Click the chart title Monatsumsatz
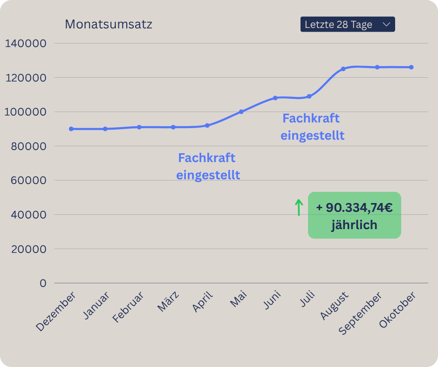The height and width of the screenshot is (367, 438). [108, 24]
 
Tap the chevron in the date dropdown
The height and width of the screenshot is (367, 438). [386, 24]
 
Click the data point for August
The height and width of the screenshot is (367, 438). [343, 69]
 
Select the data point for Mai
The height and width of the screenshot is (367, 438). [241, 112]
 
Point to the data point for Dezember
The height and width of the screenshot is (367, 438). [71, 129]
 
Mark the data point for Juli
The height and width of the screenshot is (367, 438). [309, 96]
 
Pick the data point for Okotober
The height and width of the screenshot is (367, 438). [411, 67]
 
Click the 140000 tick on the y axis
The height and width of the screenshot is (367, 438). [26, 43]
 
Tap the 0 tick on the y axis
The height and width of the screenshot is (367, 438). [43, 283]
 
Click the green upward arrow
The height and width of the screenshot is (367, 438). [299, 208]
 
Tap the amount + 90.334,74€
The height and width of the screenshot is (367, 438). [354, 208]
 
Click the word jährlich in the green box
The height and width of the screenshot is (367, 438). [354, 225]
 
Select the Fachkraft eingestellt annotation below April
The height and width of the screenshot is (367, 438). [208, 166]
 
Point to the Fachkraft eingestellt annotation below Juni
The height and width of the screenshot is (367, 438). [312, 127]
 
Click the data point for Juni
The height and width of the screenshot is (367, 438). [275, 98]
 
